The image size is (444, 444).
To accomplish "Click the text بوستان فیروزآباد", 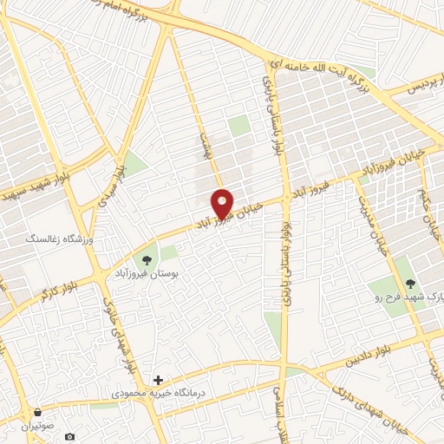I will (146, 273).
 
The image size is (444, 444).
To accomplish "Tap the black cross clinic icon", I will (158, 380).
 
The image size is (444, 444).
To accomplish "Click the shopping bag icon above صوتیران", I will (37, 412).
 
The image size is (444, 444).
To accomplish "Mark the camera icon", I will (71, 435).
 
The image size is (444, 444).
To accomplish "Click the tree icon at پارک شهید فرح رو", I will (412, 283).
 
